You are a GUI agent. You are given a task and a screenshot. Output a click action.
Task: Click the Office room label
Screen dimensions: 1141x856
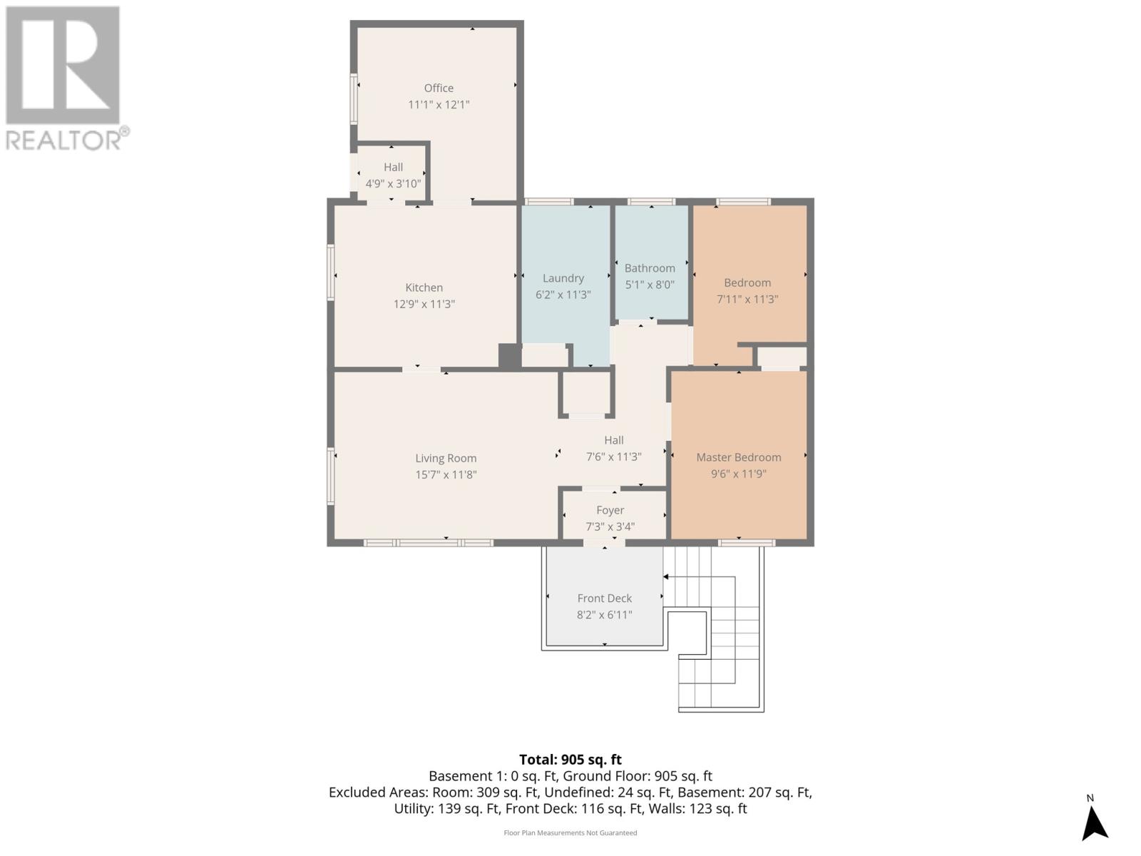click(438, 88)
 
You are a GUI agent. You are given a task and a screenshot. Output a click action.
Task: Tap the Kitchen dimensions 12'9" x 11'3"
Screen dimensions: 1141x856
click(424, 304)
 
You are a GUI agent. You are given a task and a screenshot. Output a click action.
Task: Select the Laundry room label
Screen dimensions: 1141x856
click(563, 279)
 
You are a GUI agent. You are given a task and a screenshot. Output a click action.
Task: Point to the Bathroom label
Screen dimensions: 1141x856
click(649, 268)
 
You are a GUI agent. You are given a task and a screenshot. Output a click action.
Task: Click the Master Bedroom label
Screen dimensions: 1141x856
click(738, 457)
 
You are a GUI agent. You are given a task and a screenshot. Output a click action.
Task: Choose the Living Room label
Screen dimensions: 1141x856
click(446, 459)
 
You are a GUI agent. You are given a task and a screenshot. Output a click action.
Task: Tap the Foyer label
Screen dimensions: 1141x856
click(610, 510)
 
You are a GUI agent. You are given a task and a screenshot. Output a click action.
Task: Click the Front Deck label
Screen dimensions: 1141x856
click(604, 598)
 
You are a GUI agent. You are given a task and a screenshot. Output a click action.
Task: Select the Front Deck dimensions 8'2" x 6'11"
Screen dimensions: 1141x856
click(604, 615)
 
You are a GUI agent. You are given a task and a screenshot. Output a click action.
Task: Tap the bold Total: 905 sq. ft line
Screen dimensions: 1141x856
click(570, 760)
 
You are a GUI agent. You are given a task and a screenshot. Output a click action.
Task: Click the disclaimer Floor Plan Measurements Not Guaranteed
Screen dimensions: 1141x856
click(570, 832)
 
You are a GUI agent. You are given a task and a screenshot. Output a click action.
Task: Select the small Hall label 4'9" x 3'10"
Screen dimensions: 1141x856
click(393, 183)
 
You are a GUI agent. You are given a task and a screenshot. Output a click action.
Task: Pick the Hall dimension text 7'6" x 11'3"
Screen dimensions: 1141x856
click(613, 457)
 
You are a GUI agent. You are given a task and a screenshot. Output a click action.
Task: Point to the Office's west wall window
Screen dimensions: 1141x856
click(354, 98)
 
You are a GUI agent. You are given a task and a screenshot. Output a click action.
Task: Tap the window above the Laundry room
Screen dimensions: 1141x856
click(548, 202)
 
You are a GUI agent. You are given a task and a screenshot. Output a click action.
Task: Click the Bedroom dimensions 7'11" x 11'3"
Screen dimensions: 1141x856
click(747, 300)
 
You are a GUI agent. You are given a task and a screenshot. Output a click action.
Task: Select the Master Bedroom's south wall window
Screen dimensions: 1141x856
click(747, 543)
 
